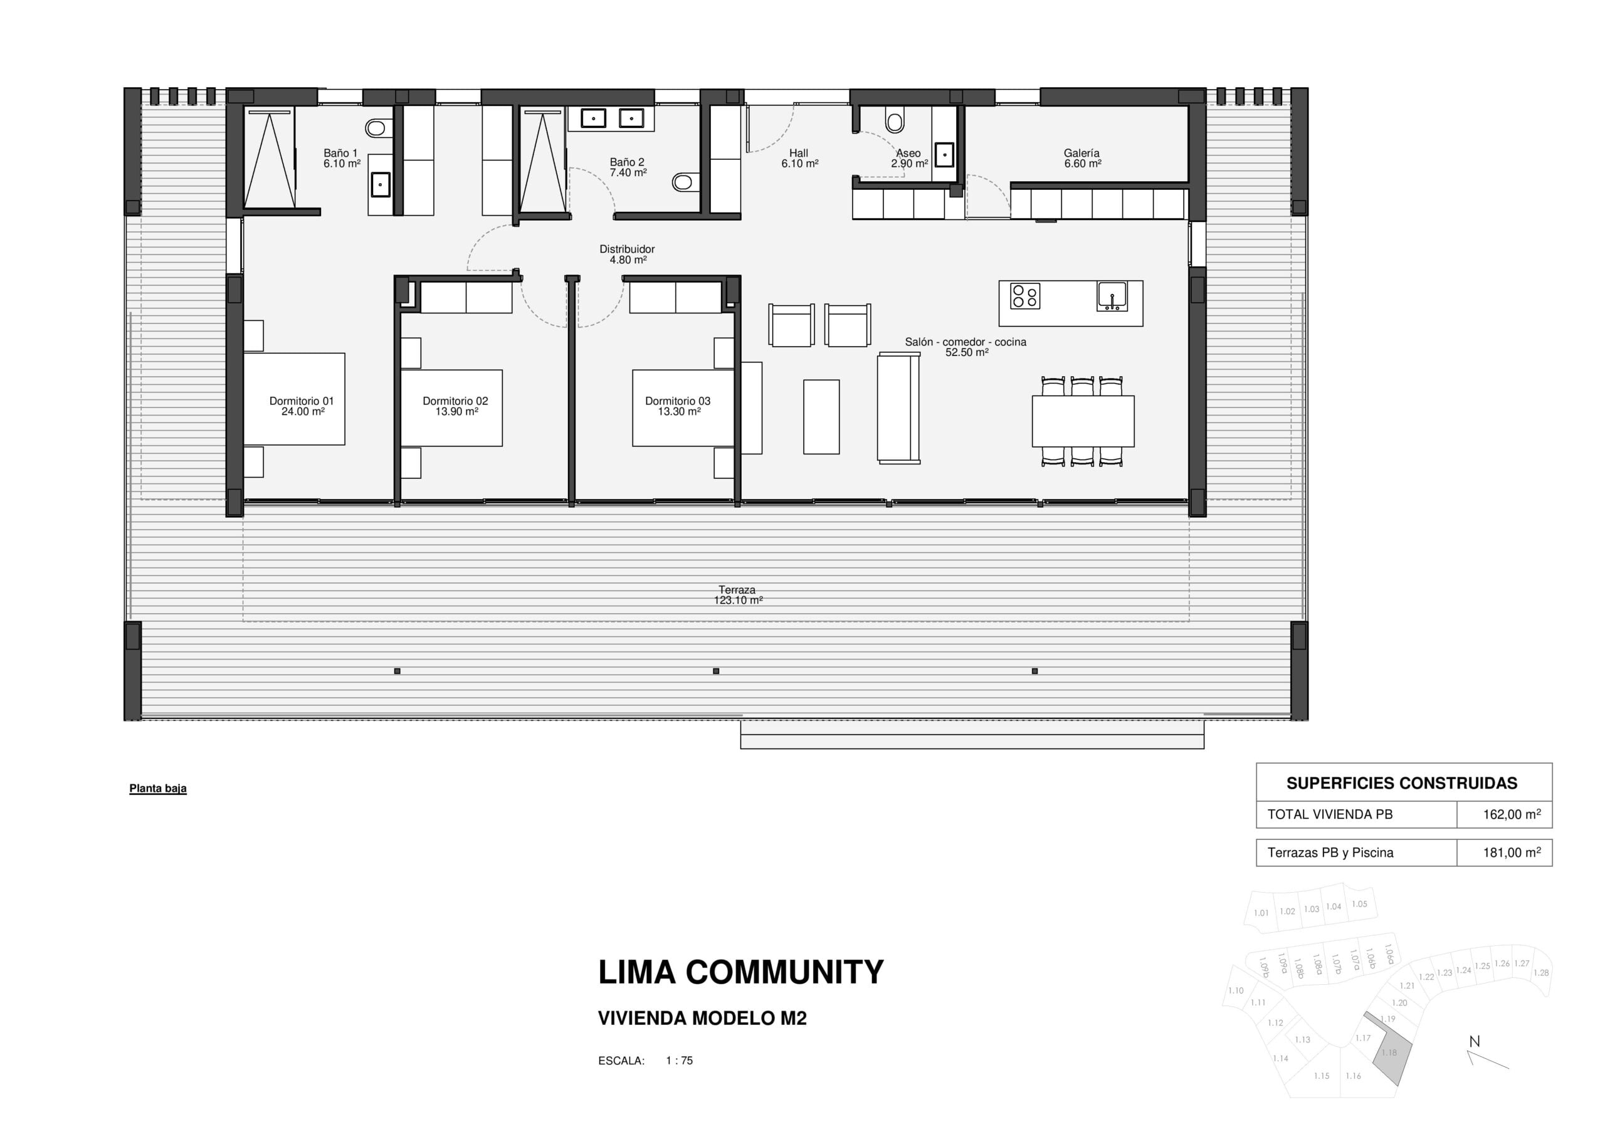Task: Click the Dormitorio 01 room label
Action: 302,406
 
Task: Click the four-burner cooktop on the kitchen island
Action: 1025,296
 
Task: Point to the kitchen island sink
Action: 1112,296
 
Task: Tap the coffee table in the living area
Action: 821,417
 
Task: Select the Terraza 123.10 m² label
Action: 737,595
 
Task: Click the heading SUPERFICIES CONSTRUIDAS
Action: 1402,783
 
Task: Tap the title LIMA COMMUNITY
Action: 741,972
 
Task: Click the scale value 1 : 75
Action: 680,1061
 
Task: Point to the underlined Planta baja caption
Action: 158,789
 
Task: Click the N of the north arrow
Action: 1474,1041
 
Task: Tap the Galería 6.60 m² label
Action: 1082,158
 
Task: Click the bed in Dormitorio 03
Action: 683,408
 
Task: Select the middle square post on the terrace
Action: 716,671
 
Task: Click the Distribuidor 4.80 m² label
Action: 627,254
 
